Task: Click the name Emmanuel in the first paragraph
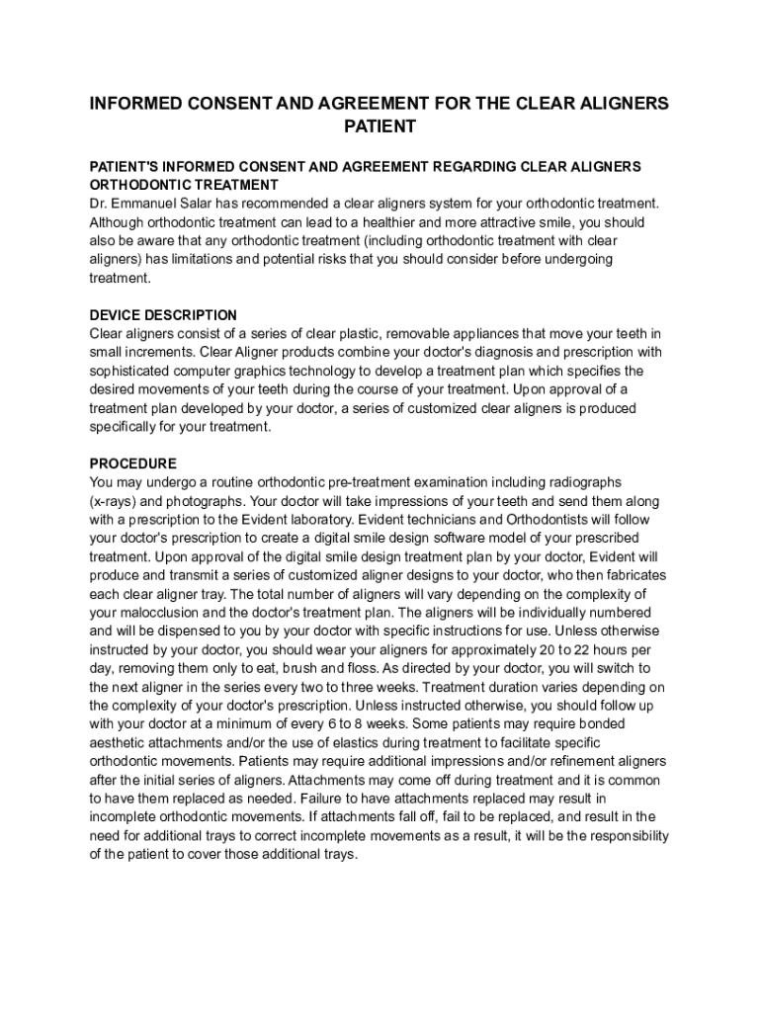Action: tap(145, 204)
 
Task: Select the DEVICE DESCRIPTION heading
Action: tap(163, 315)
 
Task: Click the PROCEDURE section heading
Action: tap(133, 464)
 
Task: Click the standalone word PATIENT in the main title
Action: tap(380, 126)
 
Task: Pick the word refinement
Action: tap(568, 761)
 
